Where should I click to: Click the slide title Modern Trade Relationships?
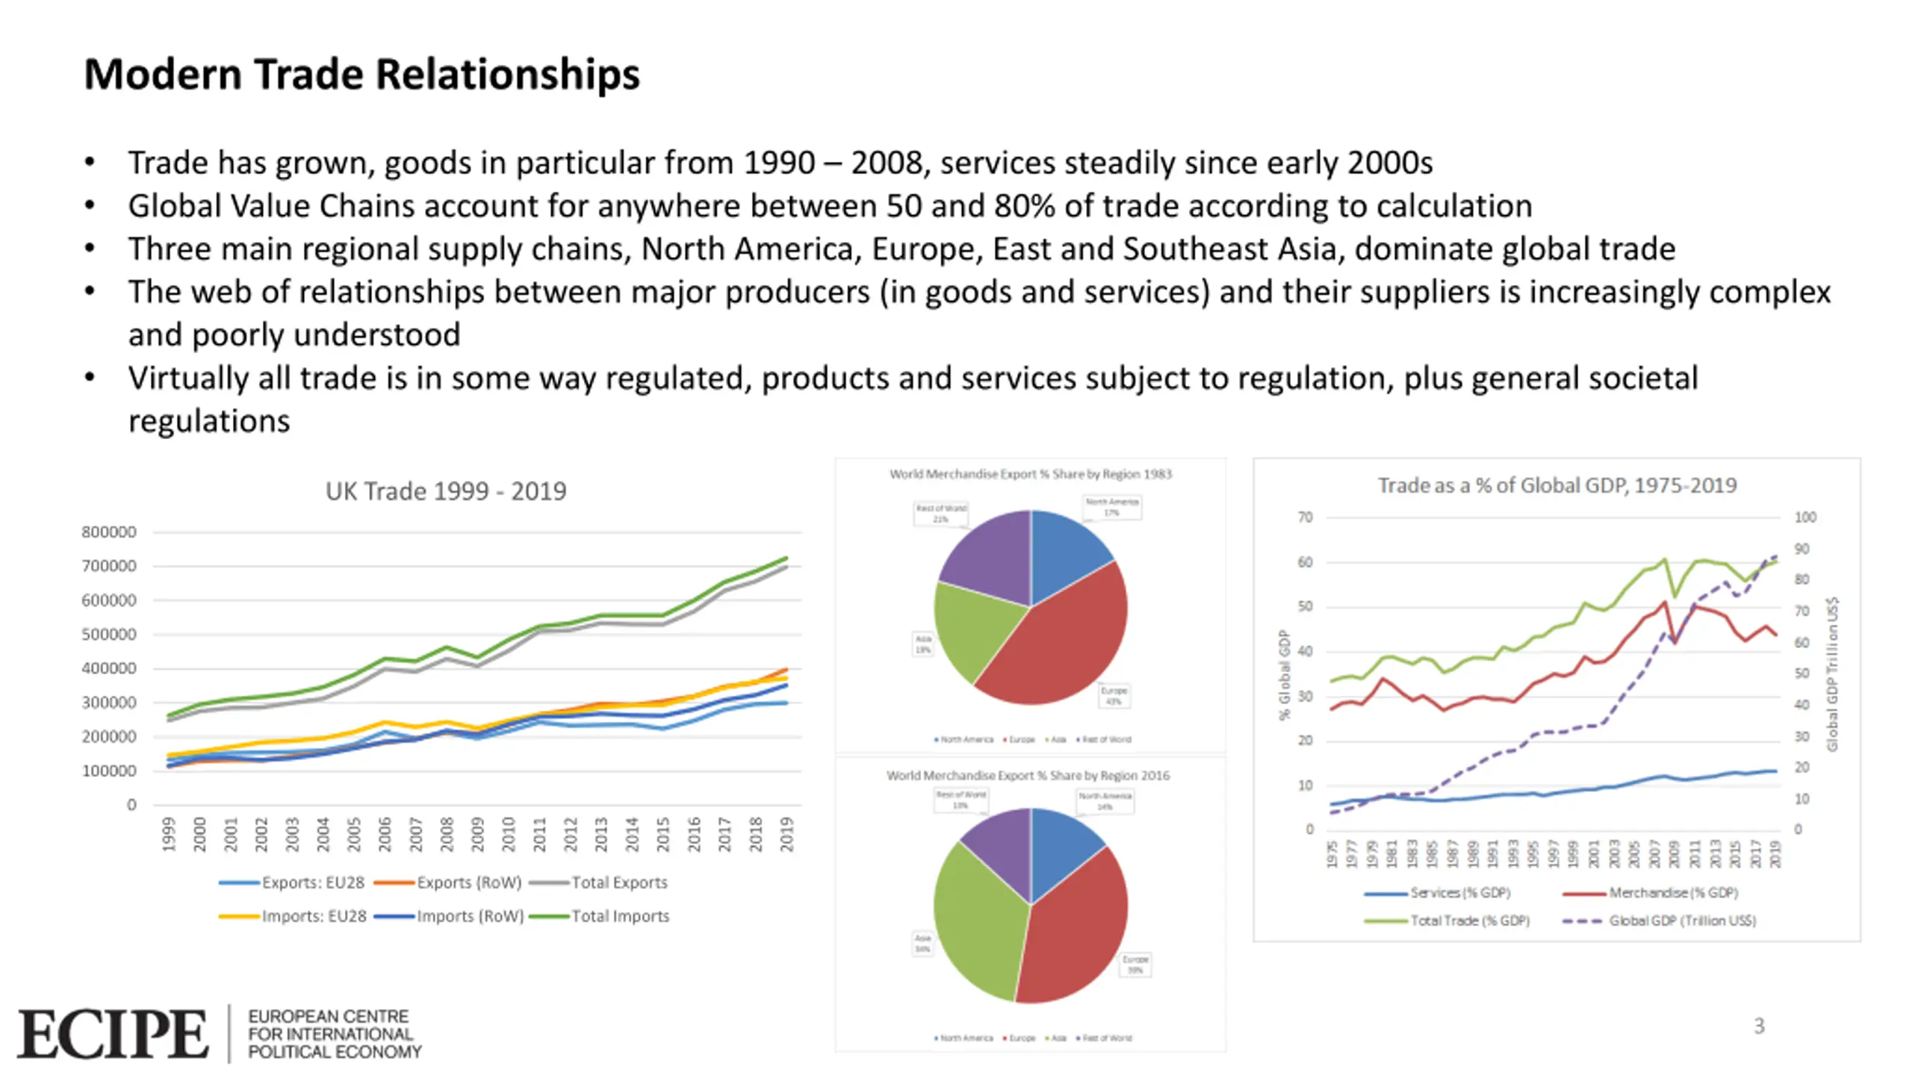click(361, 75)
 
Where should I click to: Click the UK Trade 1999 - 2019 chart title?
click(445, 491)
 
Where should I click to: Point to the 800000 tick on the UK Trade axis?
click(109, 532)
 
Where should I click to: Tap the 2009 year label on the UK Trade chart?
click(477, 835)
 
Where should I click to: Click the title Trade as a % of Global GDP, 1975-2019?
click(1556, 486)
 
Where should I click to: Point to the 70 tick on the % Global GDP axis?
click(1304, 517)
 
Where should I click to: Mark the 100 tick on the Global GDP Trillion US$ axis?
click(1805, 517)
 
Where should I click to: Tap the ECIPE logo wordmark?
click(113, 1034)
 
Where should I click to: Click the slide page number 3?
click(1759, 1026)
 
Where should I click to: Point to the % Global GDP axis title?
click(1284, 674)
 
